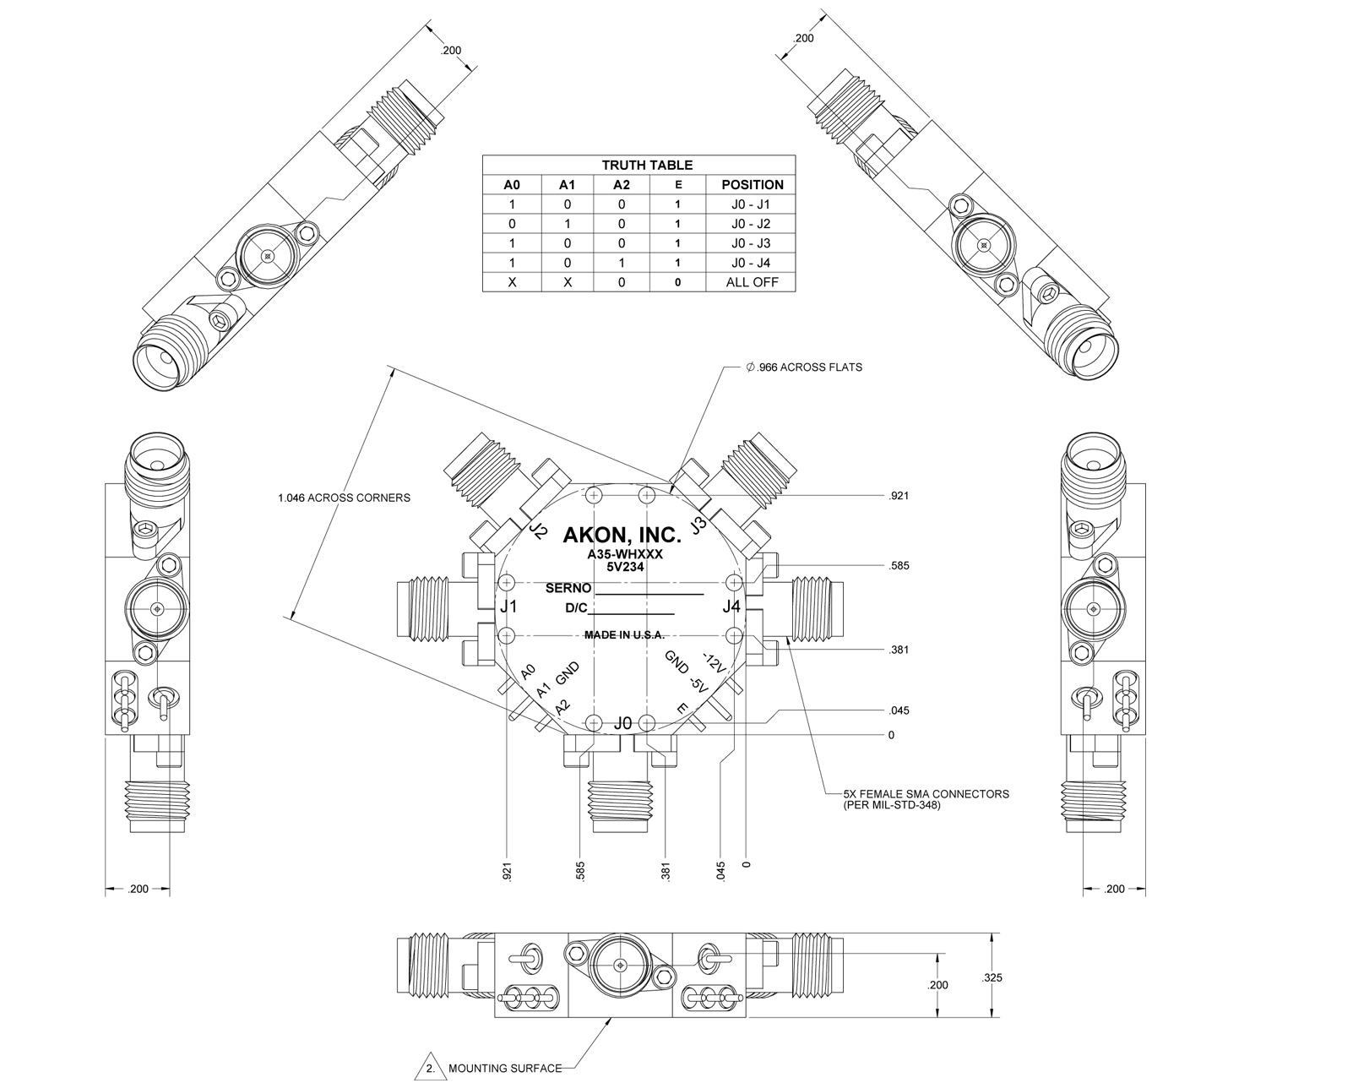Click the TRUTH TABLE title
coord(647,166)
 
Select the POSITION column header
coord(753,185)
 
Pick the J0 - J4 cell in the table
coord(751,263)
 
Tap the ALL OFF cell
coord(752,282)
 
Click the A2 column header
coord(621,185)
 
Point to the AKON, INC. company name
coord(622,536)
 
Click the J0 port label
coord(622,724)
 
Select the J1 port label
coord(508,607)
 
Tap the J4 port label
coord(731,607)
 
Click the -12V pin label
coord(715,663)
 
